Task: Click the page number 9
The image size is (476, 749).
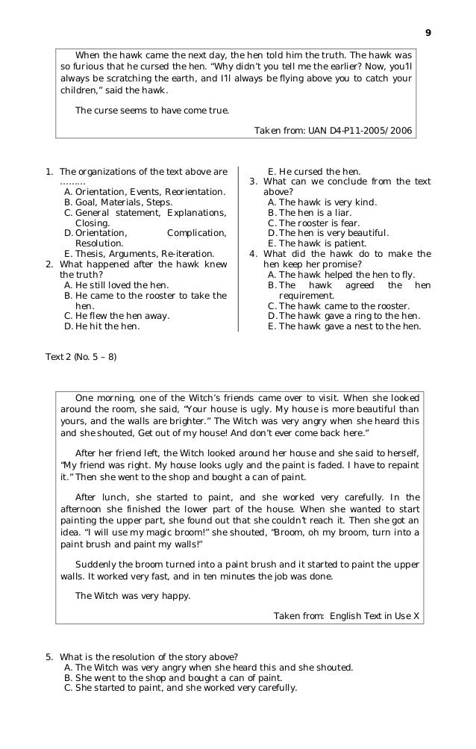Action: pos(428,34)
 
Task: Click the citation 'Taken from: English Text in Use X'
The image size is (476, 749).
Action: pos(346,616)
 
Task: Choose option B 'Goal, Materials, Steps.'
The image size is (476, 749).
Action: pos(124,202)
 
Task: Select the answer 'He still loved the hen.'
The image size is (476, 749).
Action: pos(122,285)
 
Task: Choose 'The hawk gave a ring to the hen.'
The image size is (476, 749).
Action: pos(348,315)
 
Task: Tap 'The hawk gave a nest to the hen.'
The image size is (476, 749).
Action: pos(348,326)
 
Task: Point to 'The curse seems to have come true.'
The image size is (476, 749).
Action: pos(153,110)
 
